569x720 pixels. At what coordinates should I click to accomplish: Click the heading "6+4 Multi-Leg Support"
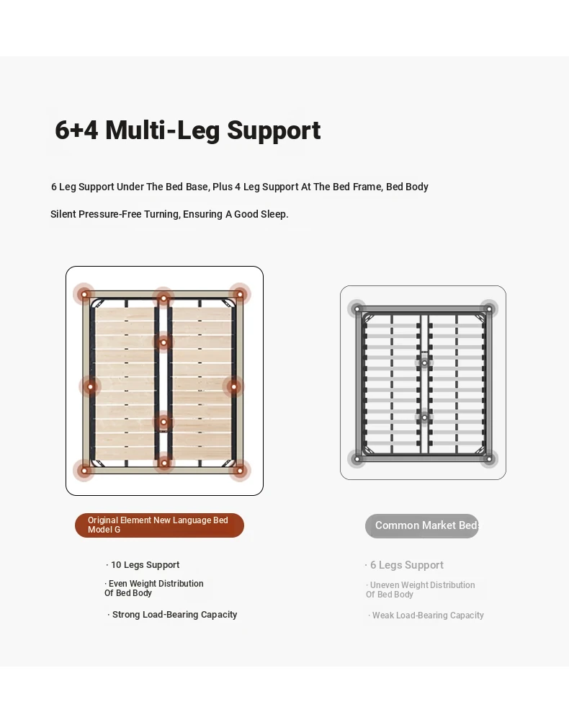coord(188,130)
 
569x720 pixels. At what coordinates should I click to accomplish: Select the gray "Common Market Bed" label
coord(421,525)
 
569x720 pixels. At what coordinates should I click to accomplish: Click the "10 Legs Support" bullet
coord(143,565)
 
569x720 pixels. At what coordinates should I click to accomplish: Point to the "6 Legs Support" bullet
coord(404,565)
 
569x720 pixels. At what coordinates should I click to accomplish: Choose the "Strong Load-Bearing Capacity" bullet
coord(172,615)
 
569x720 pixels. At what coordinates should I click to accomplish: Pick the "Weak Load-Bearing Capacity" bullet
coord(426,615)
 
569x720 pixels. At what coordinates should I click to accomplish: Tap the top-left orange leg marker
coord(84,294)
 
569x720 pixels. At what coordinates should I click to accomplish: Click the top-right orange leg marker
coord(240,294)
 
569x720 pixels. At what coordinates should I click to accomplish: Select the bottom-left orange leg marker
coord(84,470)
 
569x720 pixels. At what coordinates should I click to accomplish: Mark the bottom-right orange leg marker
coord(240,470)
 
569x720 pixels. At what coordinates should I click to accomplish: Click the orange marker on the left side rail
coord(91,386)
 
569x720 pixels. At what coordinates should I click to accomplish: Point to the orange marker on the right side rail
coord(233,386)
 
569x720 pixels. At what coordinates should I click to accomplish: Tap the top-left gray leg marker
coord(357,309)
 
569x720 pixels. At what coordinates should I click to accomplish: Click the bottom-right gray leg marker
coord(489,458)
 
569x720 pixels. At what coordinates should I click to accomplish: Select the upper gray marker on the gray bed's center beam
coord(424,363)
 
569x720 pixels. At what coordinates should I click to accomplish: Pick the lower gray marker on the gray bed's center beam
coord(424,417)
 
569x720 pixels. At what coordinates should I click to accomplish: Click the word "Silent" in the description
coord(63,215)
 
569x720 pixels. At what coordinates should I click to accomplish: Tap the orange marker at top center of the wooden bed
coord(163,298)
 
